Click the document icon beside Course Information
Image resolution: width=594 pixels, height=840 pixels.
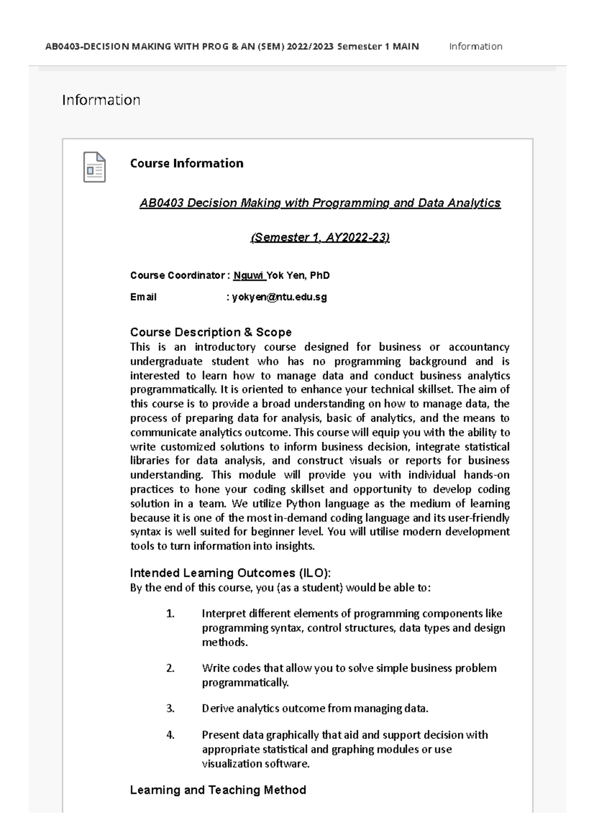click(x=94, y=167)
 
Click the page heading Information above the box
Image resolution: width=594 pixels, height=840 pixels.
click(x=101, y=100)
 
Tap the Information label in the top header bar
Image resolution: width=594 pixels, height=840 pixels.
click(x=475, y=47)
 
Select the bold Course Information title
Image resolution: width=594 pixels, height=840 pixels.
click(x=187, y=163)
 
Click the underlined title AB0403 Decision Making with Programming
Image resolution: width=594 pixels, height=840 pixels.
click(x=320, y=203)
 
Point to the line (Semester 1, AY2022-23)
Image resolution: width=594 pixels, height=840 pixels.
click(x=320, y=237)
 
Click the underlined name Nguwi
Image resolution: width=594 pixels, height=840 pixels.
click(x=249, y=276)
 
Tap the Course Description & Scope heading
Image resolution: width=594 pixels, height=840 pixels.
click(x=210, y=332)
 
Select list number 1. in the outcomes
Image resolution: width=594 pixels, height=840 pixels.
click(x=170, y=614)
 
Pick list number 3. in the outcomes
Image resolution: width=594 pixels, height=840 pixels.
click(x=170, y=708)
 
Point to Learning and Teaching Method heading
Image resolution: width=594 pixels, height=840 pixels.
click(x=218, y=790)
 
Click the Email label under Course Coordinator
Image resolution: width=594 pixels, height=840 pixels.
click(x=143, y=297)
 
